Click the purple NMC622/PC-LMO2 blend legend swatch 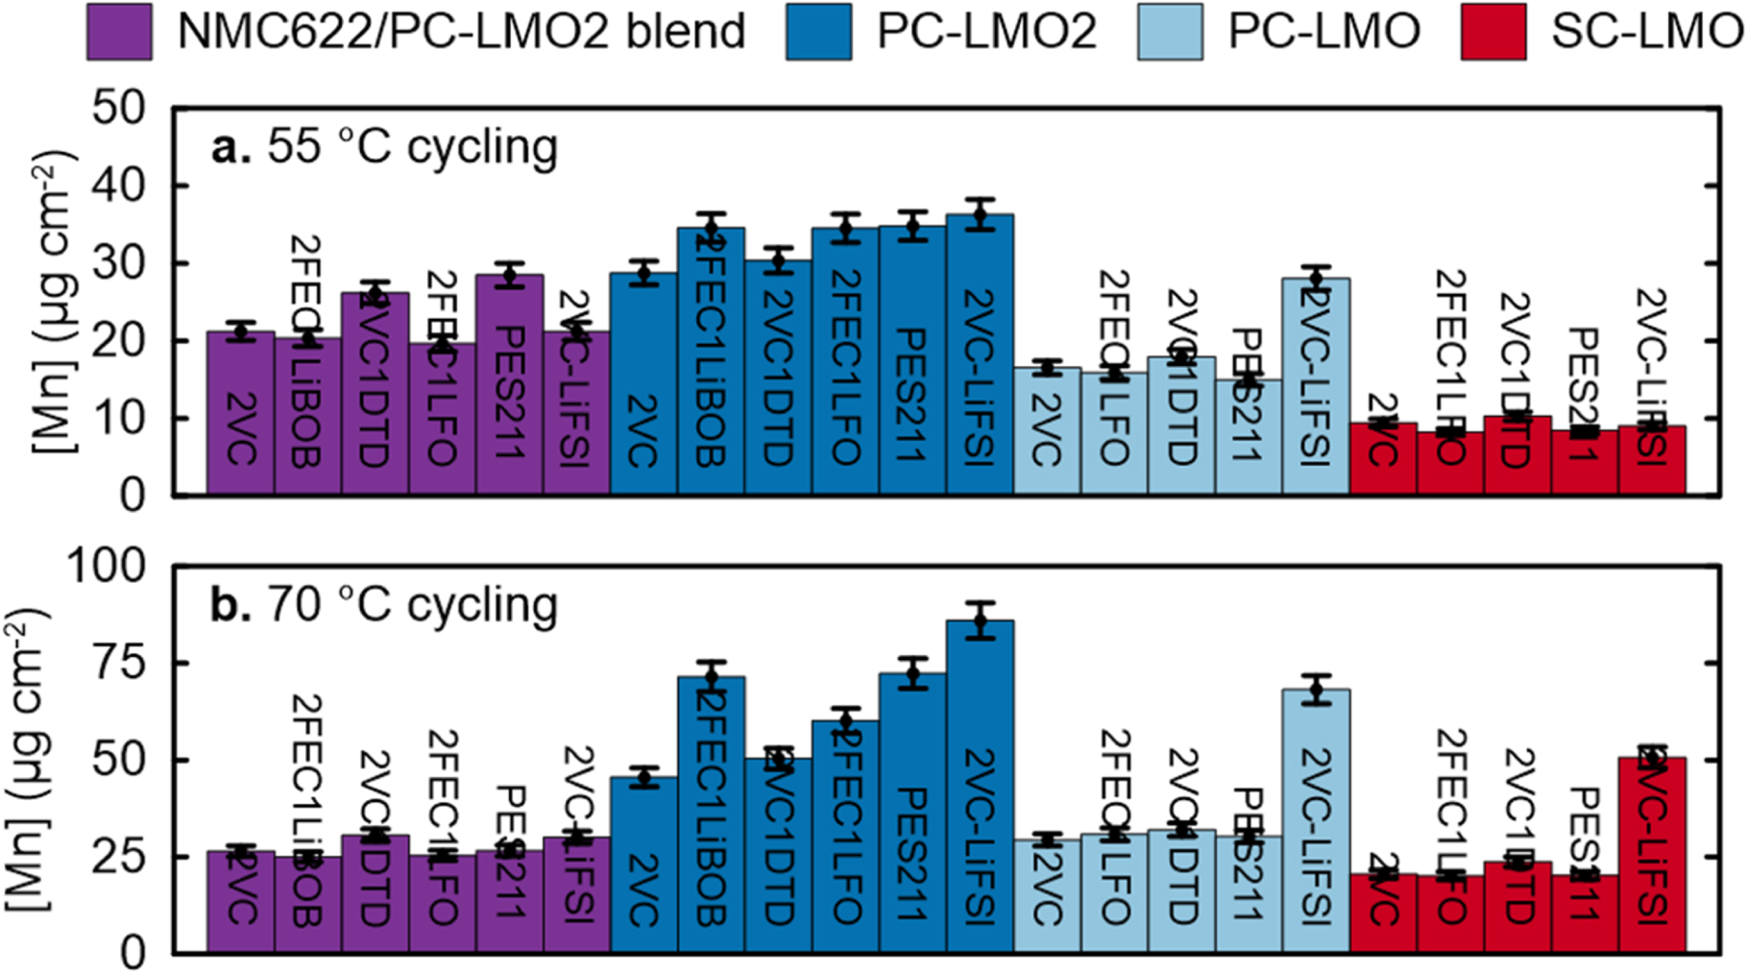pos(119,32)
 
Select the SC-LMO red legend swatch pos(1493,32)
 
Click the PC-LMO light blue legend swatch pos(1169,32)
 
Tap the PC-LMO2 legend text pos(986,32)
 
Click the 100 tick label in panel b pos(106,568)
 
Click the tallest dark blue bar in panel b pos(980,788)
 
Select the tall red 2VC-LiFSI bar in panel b pos(1652,855)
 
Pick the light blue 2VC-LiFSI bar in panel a pos(1316,384)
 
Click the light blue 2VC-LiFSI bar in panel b pos(1316,816)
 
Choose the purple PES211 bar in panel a pos(509,384)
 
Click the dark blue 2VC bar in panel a pos(643,384)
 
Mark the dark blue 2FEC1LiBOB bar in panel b pos(711,816)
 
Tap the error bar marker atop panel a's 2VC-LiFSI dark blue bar pos(980,217)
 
